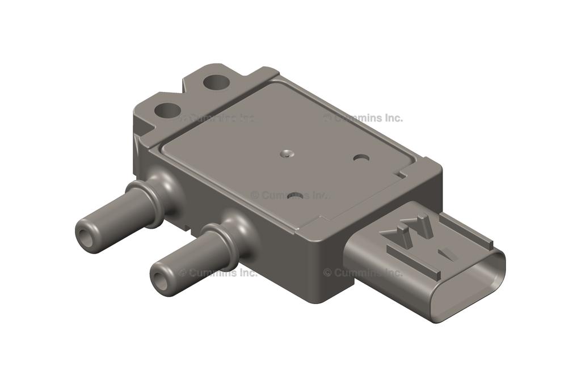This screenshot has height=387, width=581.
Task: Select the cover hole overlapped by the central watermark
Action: coord(296,195)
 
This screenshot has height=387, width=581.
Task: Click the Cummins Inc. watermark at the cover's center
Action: coord(289,195)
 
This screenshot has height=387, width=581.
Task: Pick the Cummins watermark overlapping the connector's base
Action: coord(363,273)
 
